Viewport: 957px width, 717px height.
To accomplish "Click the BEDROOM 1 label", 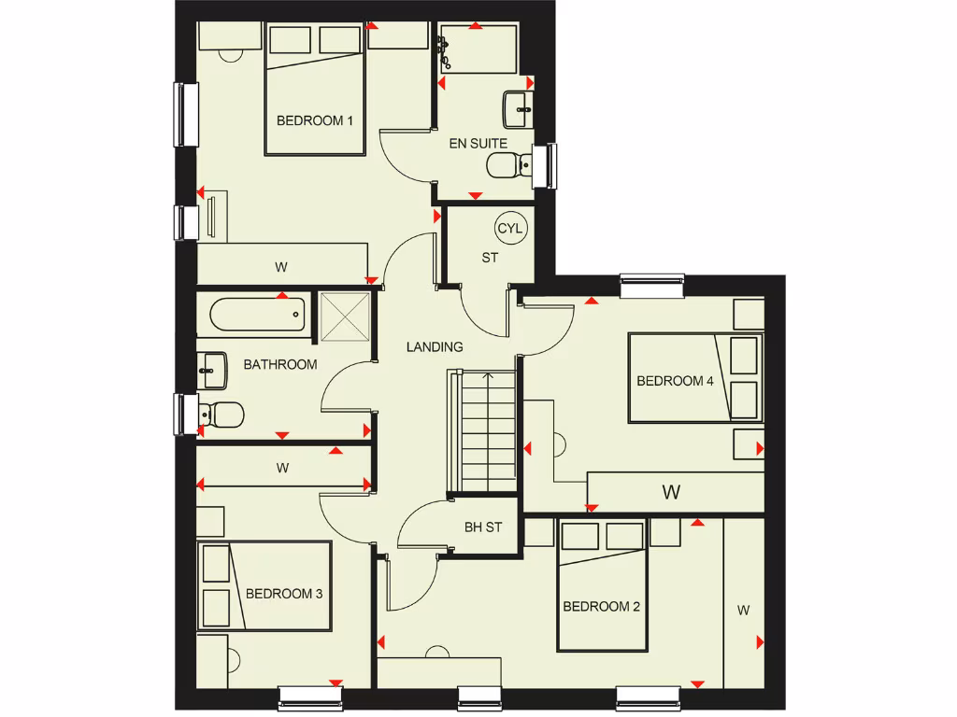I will pyautogui.click(x=314, y=120).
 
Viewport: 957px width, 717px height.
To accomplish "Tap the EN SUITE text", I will pyautogui.click(x=478, y=144).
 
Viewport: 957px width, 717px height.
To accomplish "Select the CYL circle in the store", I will pyautogui.click(x=510, y=228).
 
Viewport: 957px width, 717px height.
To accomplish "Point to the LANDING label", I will pyautogui.click(x=435, y=347).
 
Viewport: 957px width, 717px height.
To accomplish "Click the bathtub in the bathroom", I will pyautogui.click(x=258, y=315).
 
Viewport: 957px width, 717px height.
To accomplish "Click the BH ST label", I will pyautogui.click(x=483, y=527).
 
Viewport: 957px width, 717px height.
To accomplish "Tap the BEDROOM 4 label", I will pyautogui.click(x=668, y=381).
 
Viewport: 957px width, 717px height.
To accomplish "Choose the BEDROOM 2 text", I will pyautogui.click(x=601, y=607).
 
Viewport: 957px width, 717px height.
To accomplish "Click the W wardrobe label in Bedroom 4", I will pyautogui.click(x=670, y=492).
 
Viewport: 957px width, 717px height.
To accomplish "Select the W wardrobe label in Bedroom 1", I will pyautogui.click(x=280, y=268).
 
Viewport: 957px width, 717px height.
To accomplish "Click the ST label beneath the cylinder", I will pyautogui.click(x=490, y=258).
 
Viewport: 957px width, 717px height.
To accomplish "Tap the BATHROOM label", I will pyautogui.click(x=280, y=365).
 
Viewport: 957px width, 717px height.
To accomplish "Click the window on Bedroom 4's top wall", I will pyautogui.click(x=652, y=285).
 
